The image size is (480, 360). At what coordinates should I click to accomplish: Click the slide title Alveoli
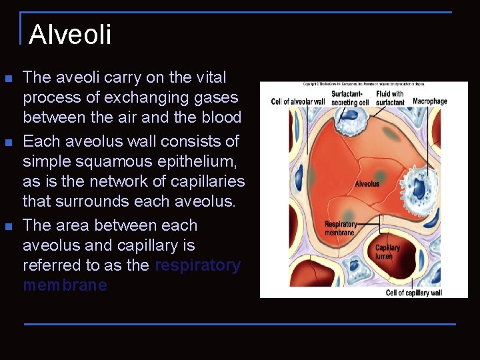click(70, 35)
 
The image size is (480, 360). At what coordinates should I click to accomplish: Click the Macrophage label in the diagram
click(430, 101)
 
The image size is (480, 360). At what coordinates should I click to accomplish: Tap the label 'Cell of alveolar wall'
click(298, 102)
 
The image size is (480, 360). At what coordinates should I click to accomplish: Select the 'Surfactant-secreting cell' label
click(350, 98)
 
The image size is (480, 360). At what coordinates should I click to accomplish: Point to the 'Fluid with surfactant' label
click(390, 98)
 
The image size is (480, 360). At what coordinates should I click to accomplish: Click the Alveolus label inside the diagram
click(367, 184)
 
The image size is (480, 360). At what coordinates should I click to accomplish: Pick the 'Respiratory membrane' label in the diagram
click(341, 228)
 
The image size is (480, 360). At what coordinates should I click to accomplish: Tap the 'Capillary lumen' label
click(387, 252)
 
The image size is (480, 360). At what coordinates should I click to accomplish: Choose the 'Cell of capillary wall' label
click(413, 293)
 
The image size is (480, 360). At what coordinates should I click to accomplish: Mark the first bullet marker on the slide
click(8, 79)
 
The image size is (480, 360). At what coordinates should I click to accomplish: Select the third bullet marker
click(8, 227)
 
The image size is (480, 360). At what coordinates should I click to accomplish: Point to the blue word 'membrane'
click(65, 285)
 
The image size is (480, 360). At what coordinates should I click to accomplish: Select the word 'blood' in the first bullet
click(221, 117)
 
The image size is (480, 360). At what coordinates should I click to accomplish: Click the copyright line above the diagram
click(363, 84)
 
